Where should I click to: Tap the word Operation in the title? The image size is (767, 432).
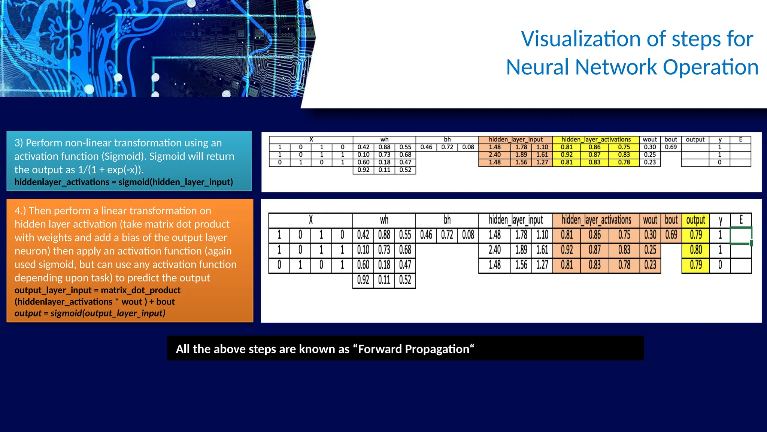(710, 67)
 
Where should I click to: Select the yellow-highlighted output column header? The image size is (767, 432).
(695, 220)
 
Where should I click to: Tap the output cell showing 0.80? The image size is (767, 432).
(695, 250)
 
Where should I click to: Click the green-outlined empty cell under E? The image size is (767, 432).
(740, 235)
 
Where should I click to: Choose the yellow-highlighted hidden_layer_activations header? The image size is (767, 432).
(596, 139)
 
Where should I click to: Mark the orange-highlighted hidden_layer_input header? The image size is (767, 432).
(515, 139)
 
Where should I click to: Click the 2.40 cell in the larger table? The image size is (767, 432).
(494, 250)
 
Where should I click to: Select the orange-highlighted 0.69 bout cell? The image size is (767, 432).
(671, 235)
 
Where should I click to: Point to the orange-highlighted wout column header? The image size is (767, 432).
(650, 220)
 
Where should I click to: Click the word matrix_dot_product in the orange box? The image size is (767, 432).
(140, 290)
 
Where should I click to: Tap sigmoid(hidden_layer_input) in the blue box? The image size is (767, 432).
(175, 182)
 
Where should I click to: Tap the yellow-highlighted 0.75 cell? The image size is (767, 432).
(624, 147)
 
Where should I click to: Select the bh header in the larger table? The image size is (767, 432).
(447, 220)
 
